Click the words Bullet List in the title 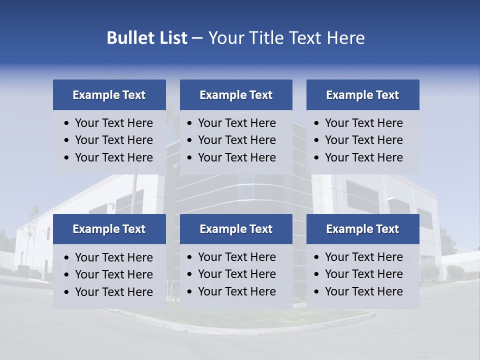(147, 38)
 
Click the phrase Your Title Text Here (286, 38)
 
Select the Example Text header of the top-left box (109, 95)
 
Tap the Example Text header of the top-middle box (236, 95)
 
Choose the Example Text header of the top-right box (362, 95)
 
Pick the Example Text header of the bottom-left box (109, 229)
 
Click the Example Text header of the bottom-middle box (236, 229)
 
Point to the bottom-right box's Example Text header (362, 229)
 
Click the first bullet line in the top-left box (114, 123)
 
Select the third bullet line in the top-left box (114, 157)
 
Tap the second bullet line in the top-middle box (237, 140)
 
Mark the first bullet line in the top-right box (364, 123)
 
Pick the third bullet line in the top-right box (364, 157)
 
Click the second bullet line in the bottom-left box (114, 274)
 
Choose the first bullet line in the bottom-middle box (237, 257)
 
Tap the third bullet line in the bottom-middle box (237, 291)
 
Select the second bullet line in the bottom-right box (364, 274)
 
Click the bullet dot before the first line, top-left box (67, 123)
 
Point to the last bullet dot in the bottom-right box (316, 292)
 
